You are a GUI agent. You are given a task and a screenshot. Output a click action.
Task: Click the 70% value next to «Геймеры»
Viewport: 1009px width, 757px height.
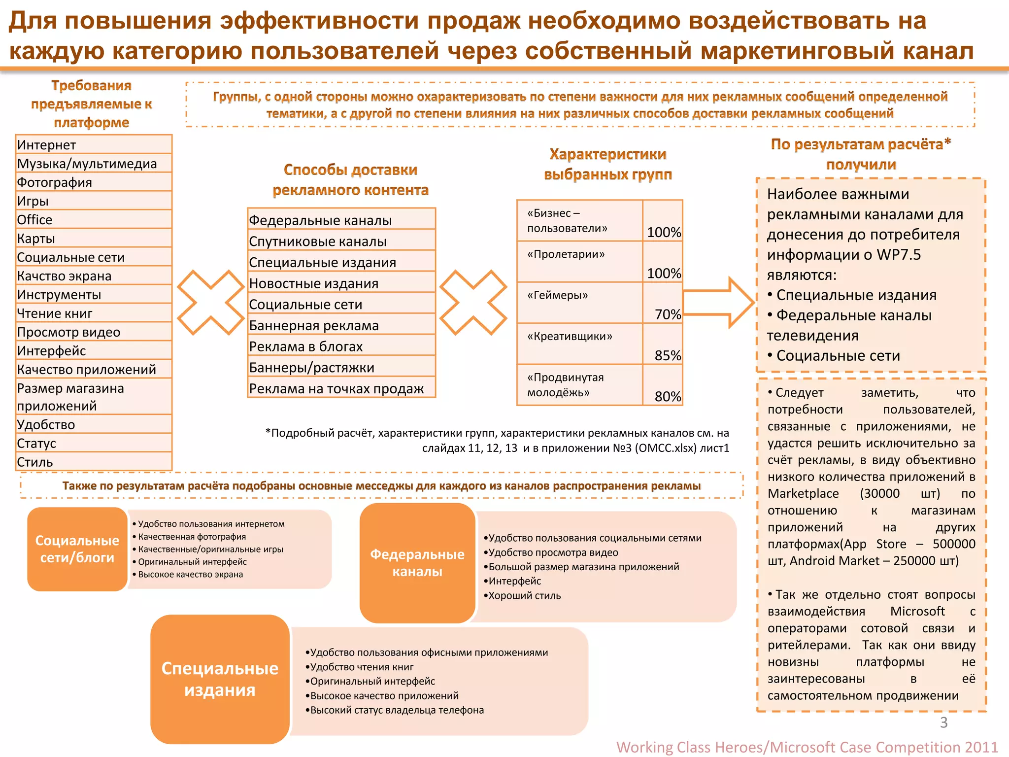pos(667,314)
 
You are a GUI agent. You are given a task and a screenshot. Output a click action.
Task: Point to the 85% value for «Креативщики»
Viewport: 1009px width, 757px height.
pos(667,355)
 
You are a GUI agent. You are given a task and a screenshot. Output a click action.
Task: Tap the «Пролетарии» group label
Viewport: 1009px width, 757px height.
pos(566,255)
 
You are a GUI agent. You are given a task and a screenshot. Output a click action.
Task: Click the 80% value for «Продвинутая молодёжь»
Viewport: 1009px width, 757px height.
pos(667,396)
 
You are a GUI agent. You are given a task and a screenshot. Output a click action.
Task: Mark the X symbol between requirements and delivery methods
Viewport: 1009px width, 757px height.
pos(211,302)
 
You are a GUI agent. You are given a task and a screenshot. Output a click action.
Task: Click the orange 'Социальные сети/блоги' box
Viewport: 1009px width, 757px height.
pos(77,549)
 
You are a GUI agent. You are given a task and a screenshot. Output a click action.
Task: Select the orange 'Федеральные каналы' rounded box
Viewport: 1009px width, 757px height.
pos(417,563)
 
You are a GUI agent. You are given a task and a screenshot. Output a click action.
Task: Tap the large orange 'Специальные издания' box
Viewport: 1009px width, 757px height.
pos(220,679)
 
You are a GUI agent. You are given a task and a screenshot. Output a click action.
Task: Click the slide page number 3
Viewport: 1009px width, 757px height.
pos(943,723)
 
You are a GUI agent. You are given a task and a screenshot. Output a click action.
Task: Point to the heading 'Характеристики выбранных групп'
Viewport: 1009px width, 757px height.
pos(607,164)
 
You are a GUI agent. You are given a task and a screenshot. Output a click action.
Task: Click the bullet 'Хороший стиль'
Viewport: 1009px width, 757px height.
pos(524,596)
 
